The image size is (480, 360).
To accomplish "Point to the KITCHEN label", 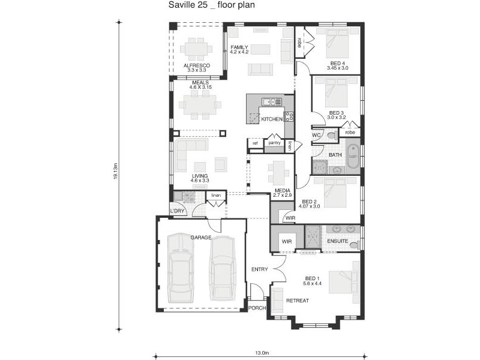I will (271, 119).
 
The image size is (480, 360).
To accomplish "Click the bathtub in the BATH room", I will (353, 157).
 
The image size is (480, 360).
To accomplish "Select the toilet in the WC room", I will (331, 136).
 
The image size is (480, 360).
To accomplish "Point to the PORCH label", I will (257, 308).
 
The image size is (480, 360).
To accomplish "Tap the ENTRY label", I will (259, 269).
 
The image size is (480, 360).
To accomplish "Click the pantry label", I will (275, 143).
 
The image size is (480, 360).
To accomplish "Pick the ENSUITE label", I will (337, 241).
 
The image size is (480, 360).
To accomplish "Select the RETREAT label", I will (297, 301).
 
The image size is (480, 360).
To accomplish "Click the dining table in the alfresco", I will (196, 48).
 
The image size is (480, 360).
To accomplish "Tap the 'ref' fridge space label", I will (255, 143).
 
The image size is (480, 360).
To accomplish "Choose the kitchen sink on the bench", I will (269, 101).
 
